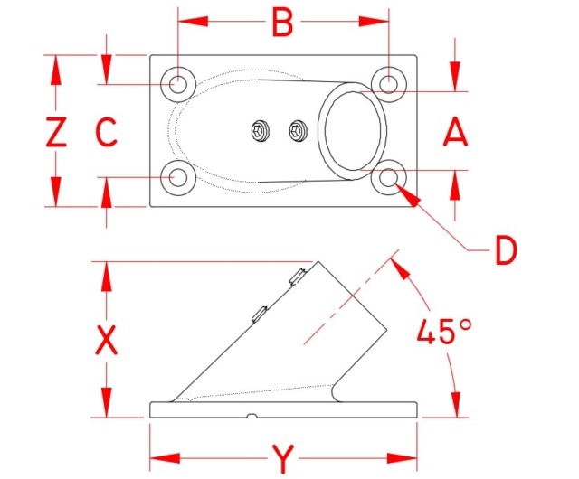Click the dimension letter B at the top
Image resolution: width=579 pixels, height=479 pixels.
(x=282, y=22)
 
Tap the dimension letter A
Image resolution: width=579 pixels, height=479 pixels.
(x=455, y=132)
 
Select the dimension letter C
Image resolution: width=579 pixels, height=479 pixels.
(x=107, y=132)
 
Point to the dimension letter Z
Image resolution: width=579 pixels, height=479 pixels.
(x=56, y=132)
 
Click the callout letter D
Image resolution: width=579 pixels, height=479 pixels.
(x=506, y=251)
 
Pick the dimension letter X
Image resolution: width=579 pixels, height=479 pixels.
(x=107, y=340)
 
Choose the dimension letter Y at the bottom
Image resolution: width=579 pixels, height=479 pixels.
(x=283, y=459)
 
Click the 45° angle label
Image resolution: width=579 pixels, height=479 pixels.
(x=444, y=331)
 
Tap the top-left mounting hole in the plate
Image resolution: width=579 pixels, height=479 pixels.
(x=178, y=85)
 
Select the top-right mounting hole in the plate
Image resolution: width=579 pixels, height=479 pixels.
(x=388, y=85)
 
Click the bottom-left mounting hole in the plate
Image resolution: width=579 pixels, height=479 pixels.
(x=178, y=178)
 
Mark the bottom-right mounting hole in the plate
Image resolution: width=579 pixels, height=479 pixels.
(x=388, y=178)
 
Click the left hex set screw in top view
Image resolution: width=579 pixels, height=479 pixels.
(x=259, y=131)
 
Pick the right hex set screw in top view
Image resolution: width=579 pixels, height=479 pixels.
(x=298, y=131)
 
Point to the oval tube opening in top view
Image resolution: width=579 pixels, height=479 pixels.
(x=353, y=131)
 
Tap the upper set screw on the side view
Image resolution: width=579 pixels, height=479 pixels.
(x=298, y=277)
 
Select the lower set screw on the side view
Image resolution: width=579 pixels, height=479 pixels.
(x=260, y=314)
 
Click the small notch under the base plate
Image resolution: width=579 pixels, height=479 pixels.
(x=252, y=416)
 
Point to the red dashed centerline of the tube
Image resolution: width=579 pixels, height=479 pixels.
(x=351, y=297)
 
